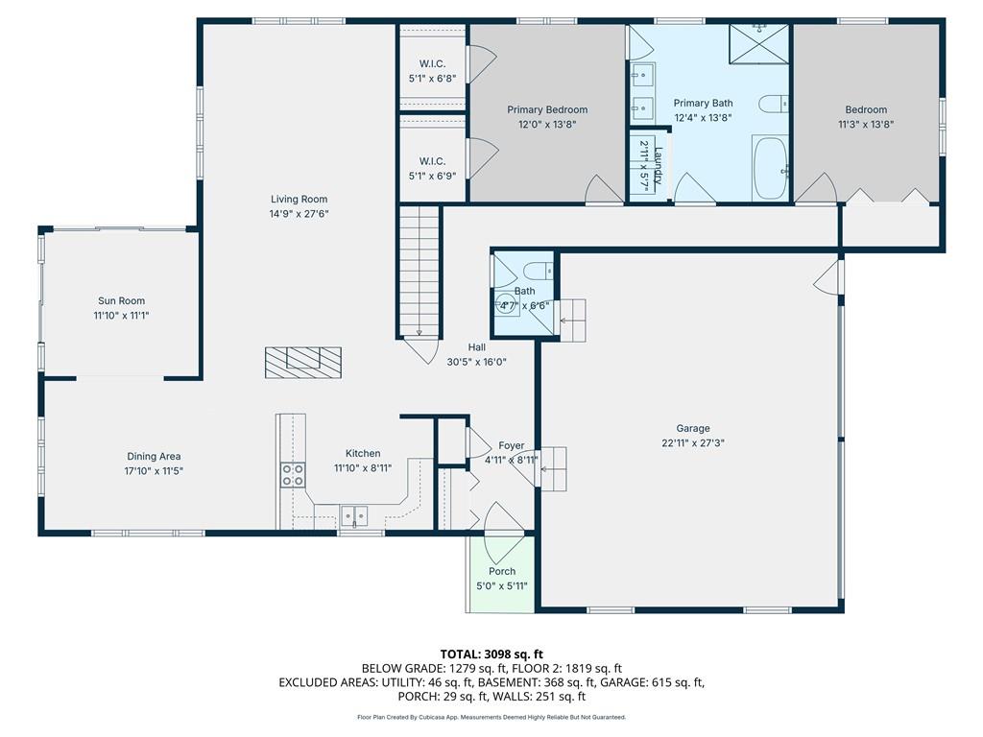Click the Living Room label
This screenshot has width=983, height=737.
pyautogui.click(x=300, y=200)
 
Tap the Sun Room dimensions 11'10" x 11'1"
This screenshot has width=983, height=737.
pyautogui.click(x=122, y=316)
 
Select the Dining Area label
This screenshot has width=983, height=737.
pyautogui.click(x=154, y=456)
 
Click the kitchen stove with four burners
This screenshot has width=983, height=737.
pyautogui.click(x=292, y=474)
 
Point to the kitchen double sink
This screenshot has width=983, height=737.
pyautogui.click(x=354, y=515)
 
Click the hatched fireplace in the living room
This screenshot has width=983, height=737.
pyautogui.click(x=303, y=363)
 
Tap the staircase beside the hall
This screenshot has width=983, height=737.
pyautogui.click(x=419, y=272)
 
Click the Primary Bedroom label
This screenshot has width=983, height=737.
pyautogui.click(x=547, y=109)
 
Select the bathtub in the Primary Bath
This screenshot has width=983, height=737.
pyautogui.click(x=770, y=167)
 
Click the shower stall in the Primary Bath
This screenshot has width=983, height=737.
pyautogui.click(x=758, y=44)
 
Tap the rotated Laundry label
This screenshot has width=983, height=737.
pyautogui.click(x=658, y=165)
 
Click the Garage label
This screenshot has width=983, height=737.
pyautogui.click(x=693, y=429)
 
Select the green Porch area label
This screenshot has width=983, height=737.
pyautogui.click(x=502, y=572)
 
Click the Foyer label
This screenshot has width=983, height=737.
pyautogui.click(x=512, y=445)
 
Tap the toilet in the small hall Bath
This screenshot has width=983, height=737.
pyautogui.click(x=539, y=271)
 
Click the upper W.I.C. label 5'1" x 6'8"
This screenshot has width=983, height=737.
pyautogui.click(x=433, y=71)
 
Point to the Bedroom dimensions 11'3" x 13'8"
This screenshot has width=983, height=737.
pyautogui.click(x=866, y=124)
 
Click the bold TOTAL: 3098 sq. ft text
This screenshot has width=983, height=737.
pyautogui.click(x=491, y=654)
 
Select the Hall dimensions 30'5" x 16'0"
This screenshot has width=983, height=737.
pyautogui.click(x=476, y=362)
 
